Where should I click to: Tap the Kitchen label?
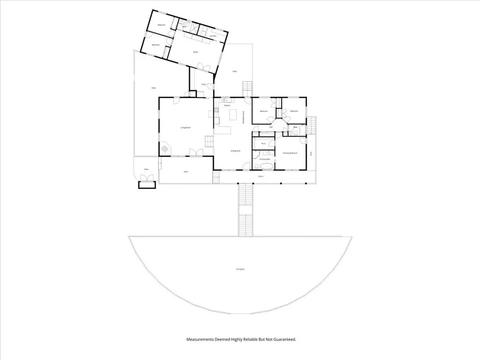pyautogui.click(x=227, y=106)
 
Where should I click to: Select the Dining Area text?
pyautogui.click(x=235, y=151)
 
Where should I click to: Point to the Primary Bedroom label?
pyautogui.click(x=291, y=153)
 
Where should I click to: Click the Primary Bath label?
pyautogui.click(x=265, y=159)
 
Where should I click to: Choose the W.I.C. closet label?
pyautogui.click(x=263, y=144)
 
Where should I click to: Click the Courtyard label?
pyautogui.click(x=240, y=269)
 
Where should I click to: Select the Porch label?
pyautogui.click(x=261, y=177)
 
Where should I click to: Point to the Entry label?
pyautogui.click(x=203, y=84)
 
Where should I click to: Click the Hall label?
pyautogui.click(x=271, y=127)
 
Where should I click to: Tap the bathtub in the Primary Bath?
pyautogui.click(x=266, y=166)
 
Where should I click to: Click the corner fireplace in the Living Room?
pyautogui.click(x=165, y=150)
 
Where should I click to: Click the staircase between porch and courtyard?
pyautogui.click(x=244, y=210)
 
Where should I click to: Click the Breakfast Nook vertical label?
pyautogui.click(x=243, y=117)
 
